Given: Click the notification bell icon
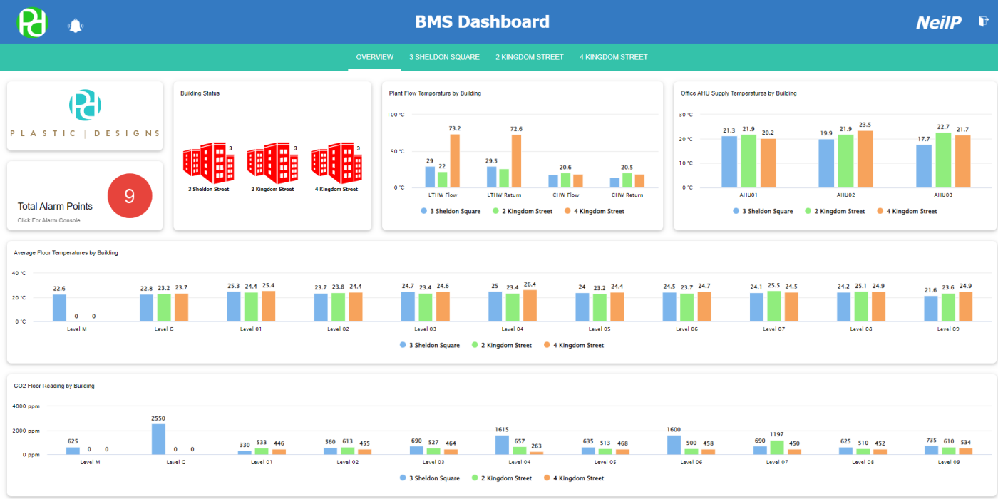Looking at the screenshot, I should [76, 26].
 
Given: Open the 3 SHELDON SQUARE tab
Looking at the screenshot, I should [444, 57].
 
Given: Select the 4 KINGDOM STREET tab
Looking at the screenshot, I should [613, 57].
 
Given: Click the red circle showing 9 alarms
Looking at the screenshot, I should [130, 196].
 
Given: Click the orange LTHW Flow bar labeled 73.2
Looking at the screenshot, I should [455, 161].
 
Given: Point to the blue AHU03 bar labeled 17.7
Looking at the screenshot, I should [924, 166].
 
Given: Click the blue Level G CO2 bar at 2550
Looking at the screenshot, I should [158, 439].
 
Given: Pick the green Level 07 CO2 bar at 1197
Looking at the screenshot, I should [777, 447].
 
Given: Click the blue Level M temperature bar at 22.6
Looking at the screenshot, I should [59, 308].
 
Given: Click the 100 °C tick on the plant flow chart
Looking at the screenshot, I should [396, 114].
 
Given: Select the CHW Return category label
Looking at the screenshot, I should [627, 195].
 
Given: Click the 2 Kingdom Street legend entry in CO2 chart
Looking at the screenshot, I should [502, 478].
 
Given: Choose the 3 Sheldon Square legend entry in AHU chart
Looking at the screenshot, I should [763, 211].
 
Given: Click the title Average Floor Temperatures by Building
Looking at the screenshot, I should [66, 253].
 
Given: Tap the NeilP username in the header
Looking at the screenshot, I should [939, 23].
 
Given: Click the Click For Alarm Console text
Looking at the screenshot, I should [48, 220].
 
